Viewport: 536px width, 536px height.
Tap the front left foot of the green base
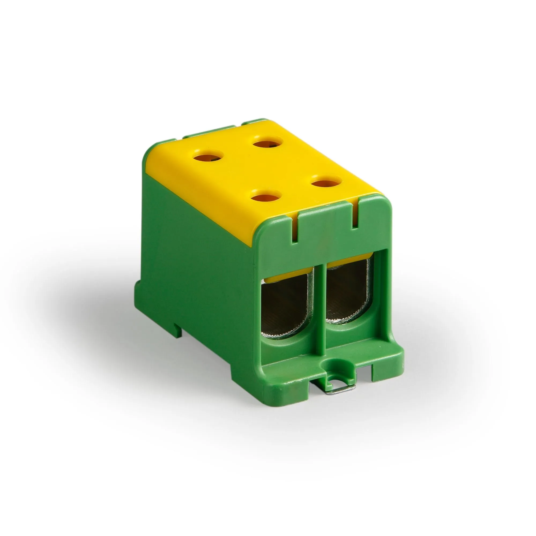coord(286,394)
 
